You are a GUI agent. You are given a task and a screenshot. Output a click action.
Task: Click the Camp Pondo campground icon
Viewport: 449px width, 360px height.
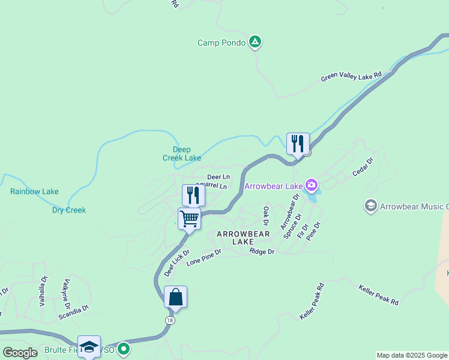[x=255, y=42]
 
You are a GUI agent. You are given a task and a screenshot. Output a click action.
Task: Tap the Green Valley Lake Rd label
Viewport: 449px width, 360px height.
[x=351, y=77]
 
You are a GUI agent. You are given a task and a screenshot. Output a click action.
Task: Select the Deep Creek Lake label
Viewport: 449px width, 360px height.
[x=182, y=154]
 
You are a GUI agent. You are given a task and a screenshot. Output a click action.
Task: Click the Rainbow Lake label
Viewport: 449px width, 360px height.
[x=34, y=192]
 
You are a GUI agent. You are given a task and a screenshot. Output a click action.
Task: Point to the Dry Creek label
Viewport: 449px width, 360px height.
[x=69, y=211]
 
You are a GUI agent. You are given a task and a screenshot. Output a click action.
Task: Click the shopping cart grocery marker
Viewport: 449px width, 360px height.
[x=189, y=220]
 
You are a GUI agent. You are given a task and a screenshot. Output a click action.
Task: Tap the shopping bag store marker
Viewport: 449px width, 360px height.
[x=175, y=298]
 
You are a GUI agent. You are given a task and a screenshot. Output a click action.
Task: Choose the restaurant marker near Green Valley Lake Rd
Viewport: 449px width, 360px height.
[x=298, y=144]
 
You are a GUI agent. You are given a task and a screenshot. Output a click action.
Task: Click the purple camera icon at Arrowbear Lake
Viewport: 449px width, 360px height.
[x=311, y=184]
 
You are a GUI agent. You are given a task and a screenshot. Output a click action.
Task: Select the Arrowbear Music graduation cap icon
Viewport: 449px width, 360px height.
[x=371, y=206]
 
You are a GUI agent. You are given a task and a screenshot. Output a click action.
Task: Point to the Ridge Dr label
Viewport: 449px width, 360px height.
[x=262, y=252]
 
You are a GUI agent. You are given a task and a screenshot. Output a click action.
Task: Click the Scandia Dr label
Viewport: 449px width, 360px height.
[x=73, y=312]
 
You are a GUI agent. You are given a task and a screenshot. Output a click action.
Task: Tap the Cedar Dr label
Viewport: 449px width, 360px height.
[x=363, y=167]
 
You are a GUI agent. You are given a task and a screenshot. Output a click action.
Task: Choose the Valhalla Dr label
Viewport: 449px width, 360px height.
[x=43, y=291]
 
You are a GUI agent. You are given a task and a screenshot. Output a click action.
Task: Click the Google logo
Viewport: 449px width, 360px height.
[x=20, y=353]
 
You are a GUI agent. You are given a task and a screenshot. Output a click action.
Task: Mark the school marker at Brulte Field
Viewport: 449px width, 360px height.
[x=89, y=347]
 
